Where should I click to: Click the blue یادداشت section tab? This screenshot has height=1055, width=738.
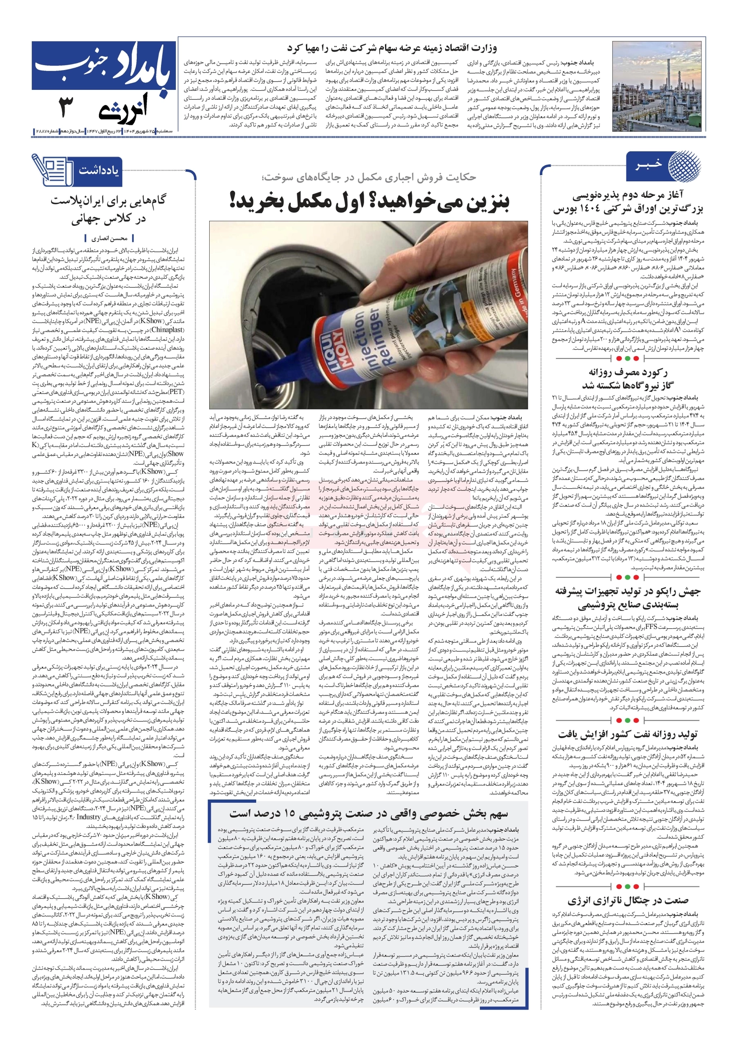[98, 170]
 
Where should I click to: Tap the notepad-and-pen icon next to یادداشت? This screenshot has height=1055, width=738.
[51, 169]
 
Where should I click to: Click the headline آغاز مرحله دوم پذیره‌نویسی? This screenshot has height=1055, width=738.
[628, 203]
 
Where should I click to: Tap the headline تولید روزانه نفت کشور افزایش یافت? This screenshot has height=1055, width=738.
[628, 734]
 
